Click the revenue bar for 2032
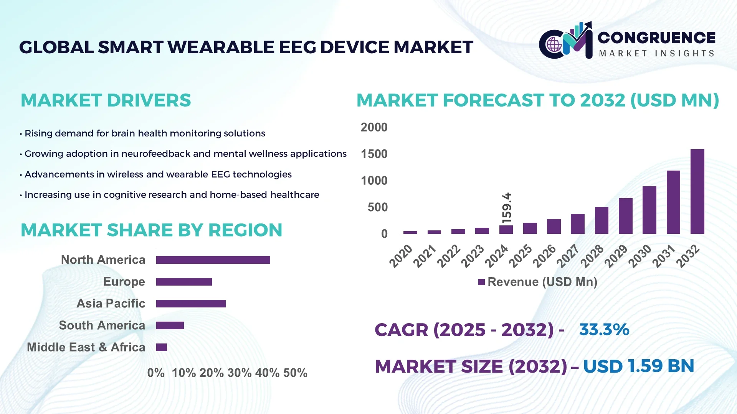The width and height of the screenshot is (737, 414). (697, 192)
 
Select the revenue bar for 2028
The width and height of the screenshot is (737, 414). (601, 220)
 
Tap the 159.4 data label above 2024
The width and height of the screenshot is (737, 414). (507, 208)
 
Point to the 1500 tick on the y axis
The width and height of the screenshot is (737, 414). (374, 154)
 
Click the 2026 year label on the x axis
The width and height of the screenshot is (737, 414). (544, 256)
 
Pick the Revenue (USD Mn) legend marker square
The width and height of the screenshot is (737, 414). (481, 283)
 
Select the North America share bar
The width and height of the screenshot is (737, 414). (213, 260)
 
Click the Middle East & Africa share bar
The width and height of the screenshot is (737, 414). (162, 347)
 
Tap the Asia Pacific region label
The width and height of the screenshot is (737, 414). (111, 304)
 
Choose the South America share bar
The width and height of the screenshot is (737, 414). (170, 325)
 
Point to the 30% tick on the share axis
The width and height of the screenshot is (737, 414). (240, 373)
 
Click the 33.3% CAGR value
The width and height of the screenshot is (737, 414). (604, 330)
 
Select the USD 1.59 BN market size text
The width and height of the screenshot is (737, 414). (638, 366)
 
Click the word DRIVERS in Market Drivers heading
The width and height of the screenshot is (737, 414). (149, 100)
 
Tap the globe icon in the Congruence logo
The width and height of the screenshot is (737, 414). (554, 45)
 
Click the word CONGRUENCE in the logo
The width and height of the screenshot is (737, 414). (656, 38)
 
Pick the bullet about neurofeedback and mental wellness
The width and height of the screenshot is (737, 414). (185, 154)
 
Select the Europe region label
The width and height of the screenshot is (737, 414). (124, 282)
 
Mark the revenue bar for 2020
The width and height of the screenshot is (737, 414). (410, 232)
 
